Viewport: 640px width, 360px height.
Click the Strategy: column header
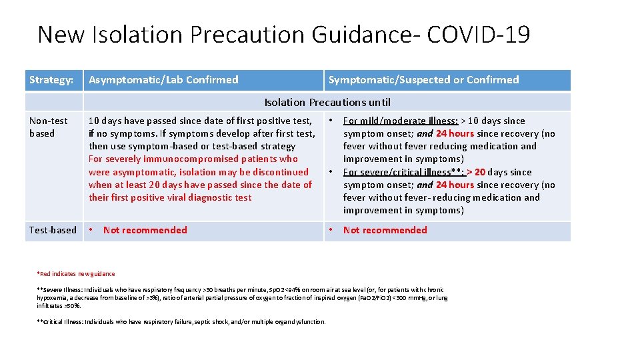click(51, 80)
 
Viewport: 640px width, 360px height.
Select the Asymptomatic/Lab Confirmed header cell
click(163, 80)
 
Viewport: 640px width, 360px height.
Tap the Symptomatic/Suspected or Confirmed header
click(423, 80)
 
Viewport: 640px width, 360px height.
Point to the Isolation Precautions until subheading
click(327, 103)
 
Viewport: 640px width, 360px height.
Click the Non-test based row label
click(49, 127)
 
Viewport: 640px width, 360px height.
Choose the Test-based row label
click(53, 230)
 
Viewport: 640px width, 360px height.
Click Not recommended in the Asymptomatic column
click(145, 230)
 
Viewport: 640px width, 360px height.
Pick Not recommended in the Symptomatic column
click(385, 230)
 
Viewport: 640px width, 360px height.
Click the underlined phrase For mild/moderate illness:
click(400, 121)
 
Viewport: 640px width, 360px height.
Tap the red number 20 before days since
click(479, 172)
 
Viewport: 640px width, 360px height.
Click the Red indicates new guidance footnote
click(77, 273)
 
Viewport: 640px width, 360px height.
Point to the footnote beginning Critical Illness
click(182, 322)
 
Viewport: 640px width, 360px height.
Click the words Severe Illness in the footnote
click(62, 289)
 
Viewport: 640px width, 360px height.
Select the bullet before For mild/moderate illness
click(330, 121)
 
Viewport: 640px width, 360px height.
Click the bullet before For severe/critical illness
click(330, 172)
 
